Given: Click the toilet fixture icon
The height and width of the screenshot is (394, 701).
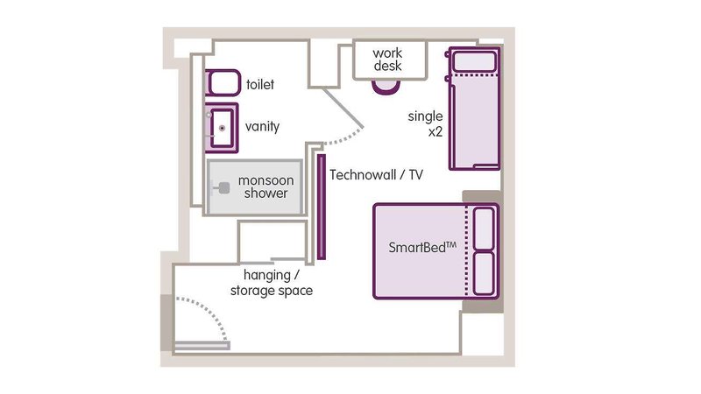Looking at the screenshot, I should point(223,84).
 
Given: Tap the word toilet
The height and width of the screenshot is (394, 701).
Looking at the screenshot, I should point(260,85).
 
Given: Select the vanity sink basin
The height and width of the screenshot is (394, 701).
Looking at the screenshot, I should point(222,127).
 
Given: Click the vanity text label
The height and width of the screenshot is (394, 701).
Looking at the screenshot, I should point(262,127).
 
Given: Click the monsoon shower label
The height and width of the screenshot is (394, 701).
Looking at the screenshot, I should point(264,186).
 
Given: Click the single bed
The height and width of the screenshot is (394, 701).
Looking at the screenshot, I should point(473,118).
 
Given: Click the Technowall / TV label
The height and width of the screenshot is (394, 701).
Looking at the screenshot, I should point(376,175).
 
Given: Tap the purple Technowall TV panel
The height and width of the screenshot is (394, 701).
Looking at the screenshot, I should point(322,207).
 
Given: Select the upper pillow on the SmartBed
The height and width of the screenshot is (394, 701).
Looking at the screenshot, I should point(484,229).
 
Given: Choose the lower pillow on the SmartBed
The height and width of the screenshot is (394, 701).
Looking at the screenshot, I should point(484,273).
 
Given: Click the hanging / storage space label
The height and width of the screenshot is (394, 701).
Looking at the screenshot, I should point(271,283).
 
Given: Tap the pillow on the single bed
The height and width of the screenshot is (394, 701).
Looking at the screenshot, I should point(473,60).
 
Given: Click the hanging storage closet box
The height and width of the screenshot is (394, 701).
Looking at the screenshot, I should point(272,240).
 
